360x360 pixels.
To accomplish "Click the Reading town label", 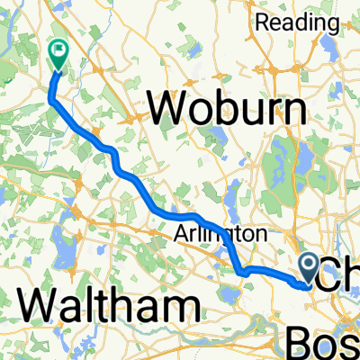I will pos(295,22).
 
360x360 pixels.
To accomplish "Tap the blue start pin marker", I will pos(309,267).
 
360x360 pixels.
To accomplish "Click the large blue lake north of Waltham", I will pos(60,244).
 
